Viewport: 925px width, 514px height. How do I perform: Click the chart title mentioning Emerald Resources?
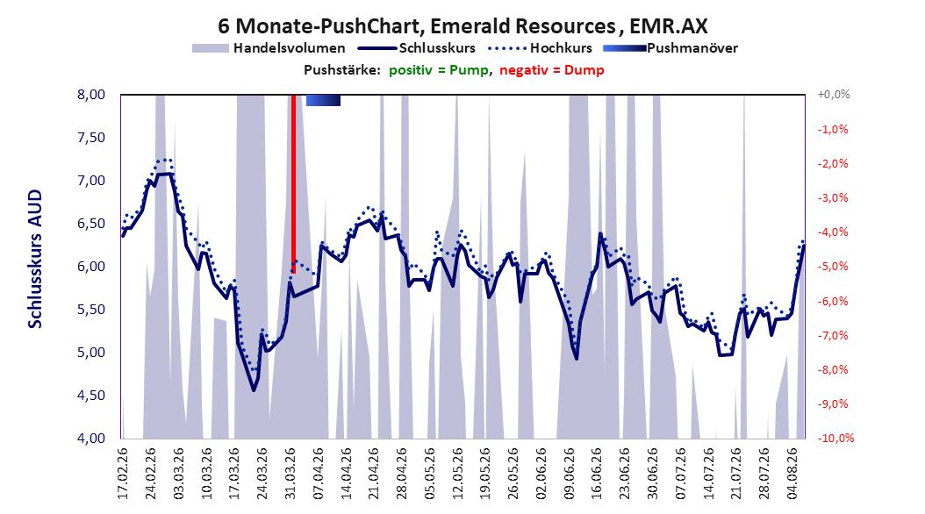[x=462, y=26]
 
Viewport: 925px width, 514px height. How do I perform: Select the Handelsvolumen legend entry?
[x=269, y=48]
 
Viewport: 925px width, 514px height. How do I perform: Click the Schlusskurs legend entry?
[x=417, y=48]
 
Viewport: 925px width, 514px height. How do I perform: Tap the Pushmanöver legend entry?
[x=670, y=48]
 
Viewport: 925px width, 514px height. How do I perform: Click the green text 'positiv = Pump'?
[x=438, y=70]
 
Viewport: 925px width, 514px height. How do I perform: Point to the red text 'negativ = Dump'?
[x=552, y=70]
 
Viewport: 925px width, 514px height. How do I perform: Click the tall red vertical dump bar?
[x=293, y=183]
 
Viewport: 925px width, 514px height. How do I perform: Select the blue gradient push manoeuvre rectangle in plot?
[x=323, y=100]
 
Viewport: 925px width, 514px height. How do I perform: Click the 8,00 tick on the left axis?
[x=91, y=95]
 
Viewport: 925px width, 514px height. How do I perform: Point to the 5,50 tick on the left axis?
[x=91, y=310]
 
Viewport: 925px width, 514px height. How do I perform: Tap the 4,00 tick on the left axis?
[x=91, y=439]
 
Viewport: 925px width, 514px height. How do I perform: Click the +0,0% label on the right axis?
[x=834, y=95]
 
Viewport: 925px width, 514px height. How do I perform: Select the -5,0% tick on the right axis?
[x=833, y=267]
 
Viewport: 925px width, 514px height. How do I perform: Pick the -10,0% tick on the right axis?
[x=835, y=439]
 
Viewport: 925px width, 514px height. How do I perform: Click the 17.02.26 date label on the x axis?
[x=123, y=474]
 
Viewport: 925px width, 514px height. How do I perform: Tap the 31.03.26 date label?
[x=290, y=474]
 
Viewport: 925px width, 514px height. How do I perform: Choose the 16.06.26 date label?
[x=597, y=474]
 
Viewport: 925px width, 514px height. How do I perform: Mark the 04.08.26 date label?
[x=792, y=474]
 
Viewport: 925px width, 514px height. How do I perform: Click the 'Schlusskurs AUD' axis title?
[x=35, y=260]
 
